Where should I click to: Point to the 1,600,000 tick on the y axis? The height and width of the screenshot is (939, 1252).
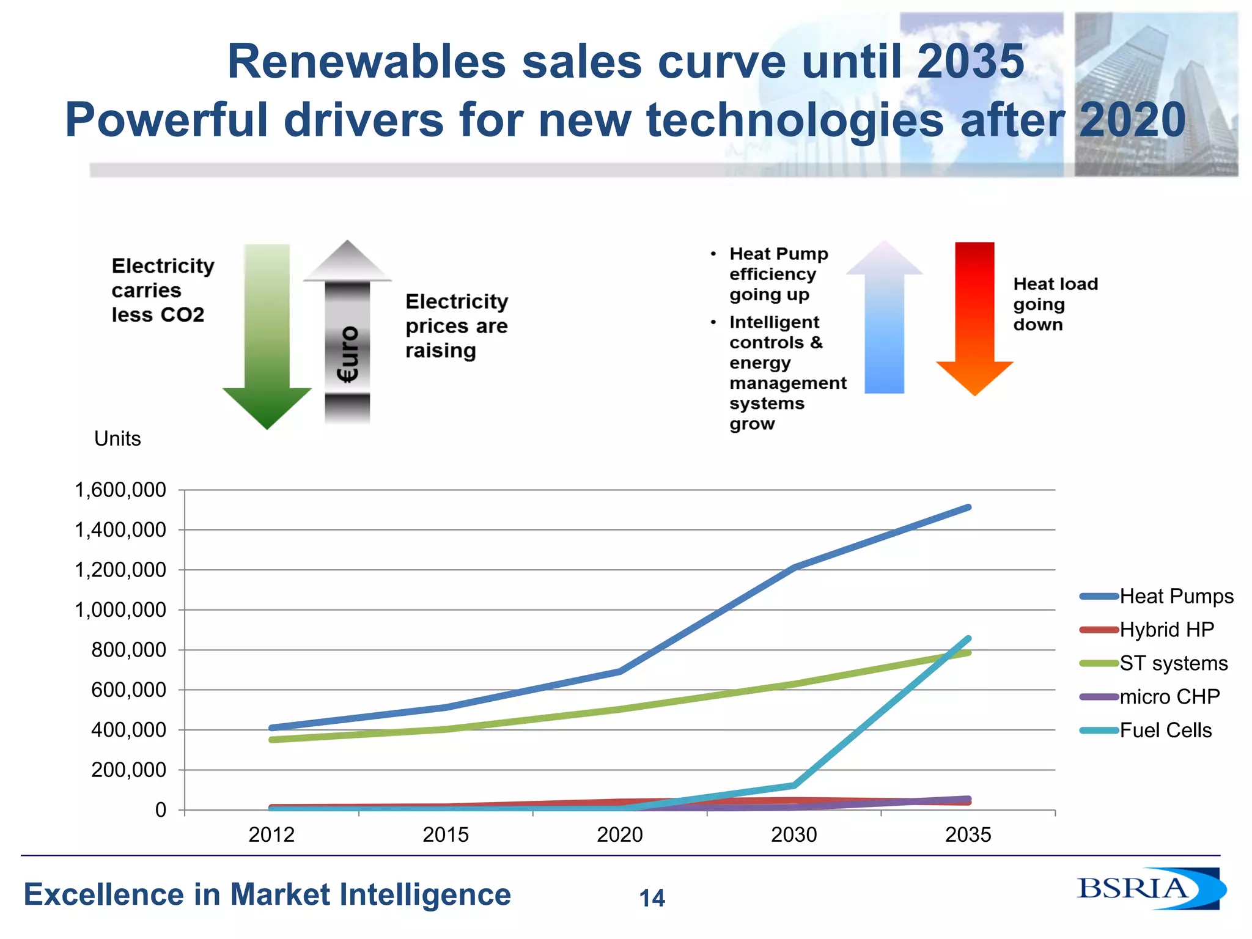coord(120,490)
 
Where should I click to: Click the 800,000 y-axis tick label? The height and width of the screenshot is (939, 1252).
coord(128,650)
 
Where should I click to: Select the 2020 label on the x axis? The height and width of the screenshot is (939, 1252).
coord(619,834)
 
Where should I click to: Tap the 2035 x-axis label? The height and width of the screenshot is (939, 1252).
coord(968,834)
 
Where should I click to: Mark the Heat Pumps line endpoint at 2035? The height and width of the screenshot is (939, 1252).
coord(968,507)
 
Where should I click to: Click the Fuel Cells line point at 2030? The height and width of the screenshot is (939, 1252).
coord(794,785)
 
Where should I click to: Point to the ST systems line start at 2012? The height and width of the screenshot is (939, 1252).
coord(271,740)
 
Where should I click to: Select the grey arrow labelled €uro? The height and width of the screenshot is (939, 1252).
coord(347,333)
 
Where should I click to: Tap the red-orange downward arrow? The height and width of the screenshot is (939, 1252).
coord(974,318)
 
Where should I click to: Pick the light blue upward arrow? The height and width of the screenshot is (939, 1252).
coord(884,318)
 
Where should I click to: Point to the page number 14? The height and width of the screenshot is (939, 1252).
coord(652,898)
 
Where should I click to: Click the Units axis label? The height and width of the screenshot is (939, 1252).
coord(117,438)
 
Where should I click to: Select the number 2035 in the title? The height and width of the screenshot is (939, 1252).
coord(970,62)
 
